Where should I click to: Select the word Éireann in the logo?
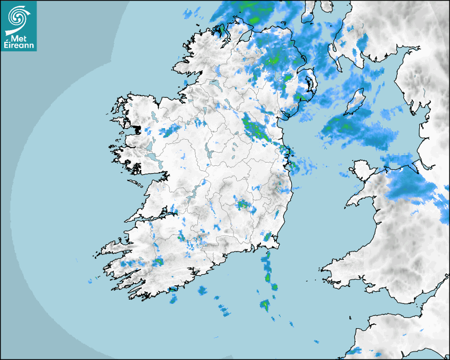pos(19,46)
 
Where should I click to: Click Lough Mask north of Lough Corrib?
pos(150,145)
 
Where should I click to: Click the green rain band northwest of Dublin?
pos(255,129)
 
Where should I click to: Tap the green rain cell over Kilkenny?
pos(243,204)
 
